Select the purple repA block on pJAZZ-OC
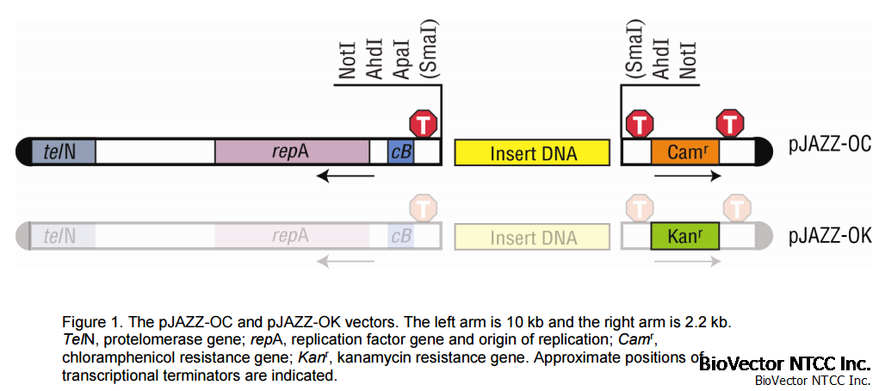click(291, 152)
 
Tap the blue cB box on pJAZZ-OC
click(400, 152)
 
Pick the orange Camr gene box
click(684, 152)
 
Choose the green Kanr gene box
click(684, 235)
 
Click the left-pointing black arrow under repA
click(345, 177)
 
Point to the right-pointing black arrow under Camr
click(687, 177)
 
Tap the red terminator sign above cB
click(424, 123)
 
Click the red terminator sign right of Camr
click(731, 123)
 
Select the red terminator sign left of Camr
click(639, 123)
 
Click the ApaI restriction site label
click(401, 60)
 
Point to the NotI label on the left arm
click(348, 60)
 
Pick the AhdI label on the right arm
click(662, 60)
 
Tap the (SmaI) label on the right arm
click(636, 53)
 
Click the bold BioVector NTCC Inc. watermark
click(784, 363)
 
